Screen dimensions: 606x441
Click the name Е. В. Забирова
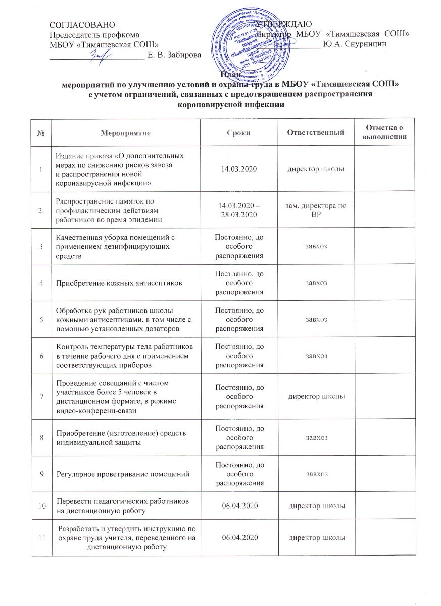tap(174, 54)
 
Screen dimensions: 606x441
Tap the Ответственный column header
tap(316, 133)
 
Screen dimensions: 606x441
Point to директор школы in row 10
tap(316, 505)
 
